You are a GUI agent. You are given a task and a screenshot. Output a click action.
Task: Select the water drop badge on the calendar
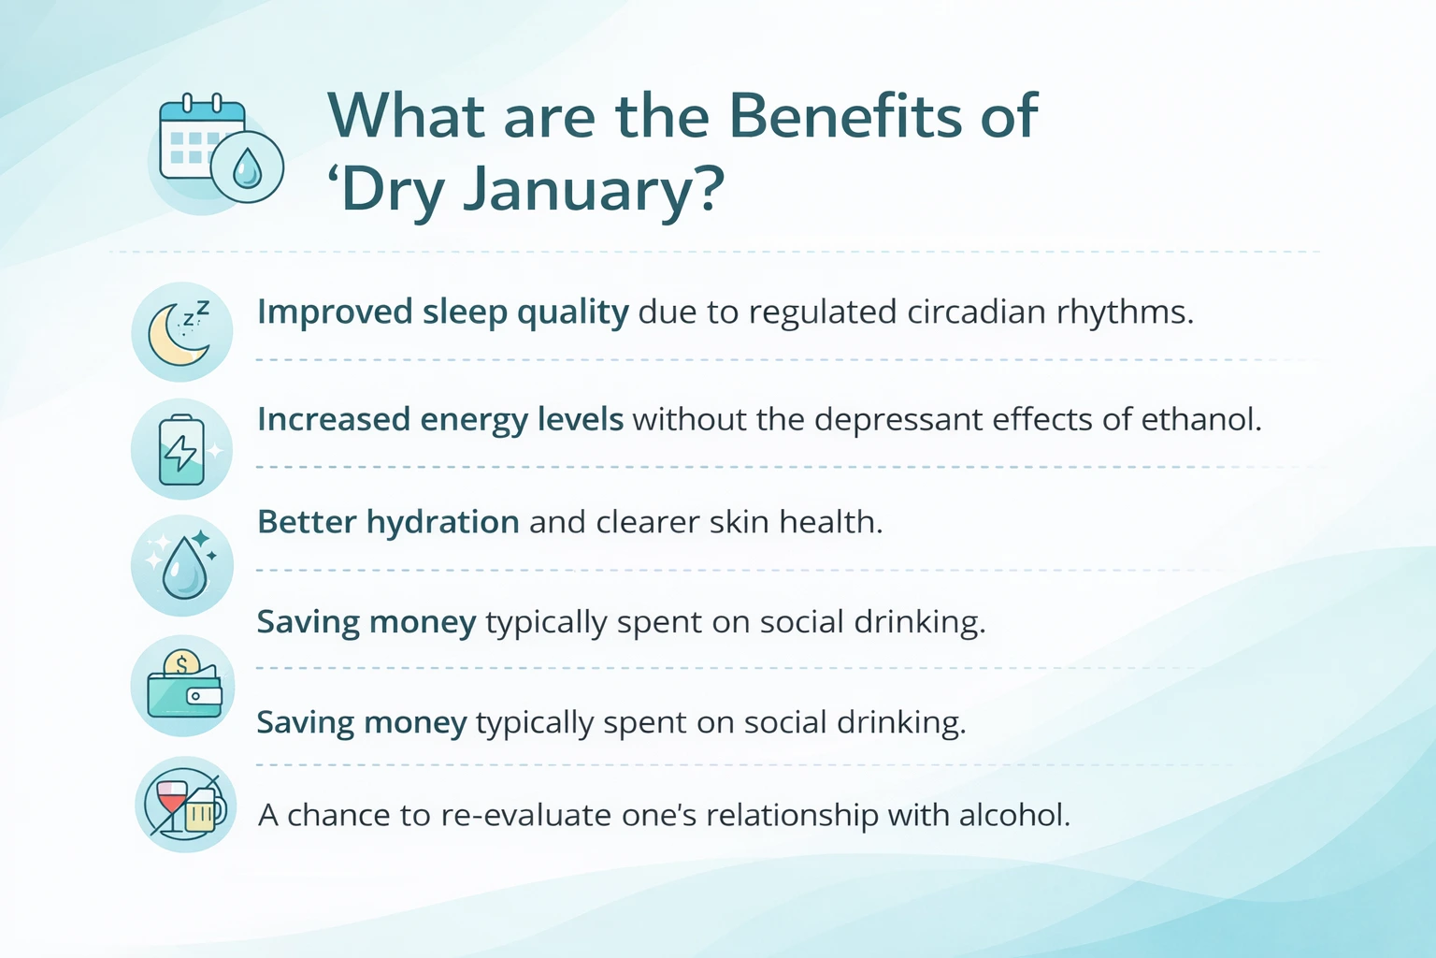coord(247,168)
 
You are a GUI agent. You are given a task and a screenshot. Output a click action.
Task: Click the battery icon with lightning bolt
coord(181,450)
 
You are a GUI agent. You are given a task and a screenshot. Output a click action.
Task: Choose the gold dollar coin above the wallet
coord(181,664)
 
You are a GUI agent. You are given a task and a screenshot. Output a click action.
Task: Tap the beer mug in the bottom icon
coord(203,811)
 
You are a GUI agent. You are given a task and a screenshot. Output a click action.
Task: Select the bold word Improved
coord(335,312)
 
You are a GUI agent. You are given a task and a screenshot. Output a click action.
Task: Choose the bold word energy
coord(474,420)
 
